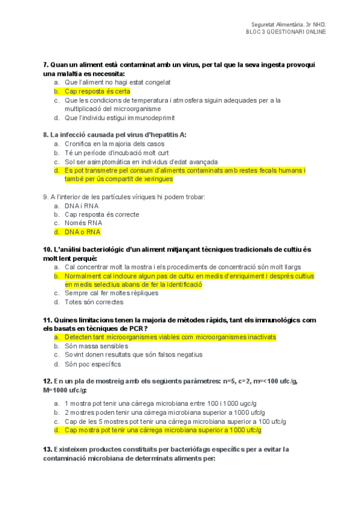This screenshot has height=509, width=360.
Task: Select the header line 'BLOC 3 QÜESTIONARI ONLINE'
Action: [x=286, y=32]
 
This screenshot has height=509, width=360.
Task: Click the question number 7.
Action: [x=46, y=64]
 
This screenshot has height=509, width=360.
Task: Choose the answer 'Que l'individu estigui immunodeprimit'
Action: [x=115, y=118]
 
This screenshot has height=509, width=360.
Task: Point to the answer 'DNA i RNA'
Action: [x=82, y=205]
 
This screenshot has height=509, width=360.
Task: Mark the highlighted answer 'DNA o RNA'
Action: [x=83, y=232]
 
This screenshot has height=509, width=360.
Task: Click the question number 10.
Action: [x=47, y=249]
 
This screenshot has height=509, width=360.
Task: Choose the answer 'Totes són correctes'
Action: [x=94, y=302]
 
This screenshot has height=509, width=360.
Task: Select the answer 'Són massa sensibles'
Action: [x=96, y=346]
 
